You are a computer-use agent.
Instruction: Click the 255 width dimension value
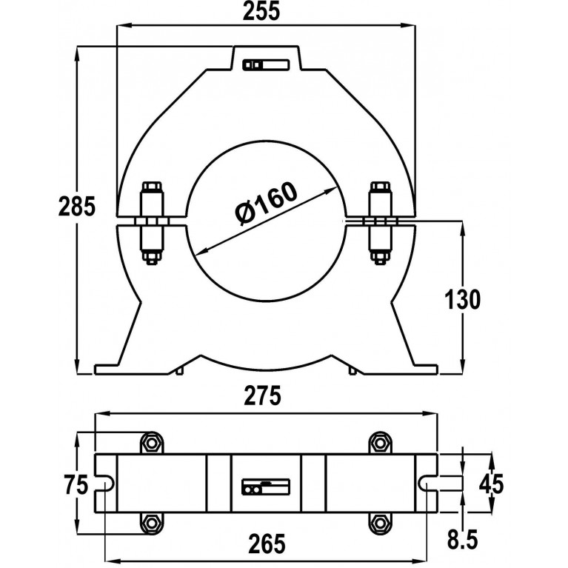(261, 11)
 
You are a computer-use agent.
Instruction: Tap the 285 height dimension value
(77, 207)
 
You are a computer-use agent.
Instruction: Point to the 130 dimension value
(462, 299)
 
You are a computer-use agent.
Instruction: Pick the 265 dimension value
(267, 544)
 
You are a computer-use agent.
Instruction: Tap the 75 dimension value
(76, 484)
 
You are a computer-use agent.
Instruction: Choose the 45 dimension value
(491, 484)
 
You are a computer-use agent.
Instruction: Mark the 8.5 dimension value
(463, 539)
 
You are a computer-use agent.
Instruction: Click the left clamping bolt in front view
(152, 223)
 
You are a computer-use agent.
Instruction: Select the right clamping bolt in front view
(380, 222)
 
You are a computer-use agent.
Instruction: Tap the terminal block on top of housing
(266, 65)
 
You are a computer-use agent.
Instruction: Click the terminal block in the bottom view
(266, 487)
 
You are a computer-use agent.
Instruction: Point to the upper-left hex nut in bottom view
(151, 443)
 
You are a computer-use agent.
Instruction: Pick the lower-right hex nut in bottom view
(380, 522)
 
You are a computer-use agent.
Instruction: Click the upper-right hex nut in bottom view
(380, 443)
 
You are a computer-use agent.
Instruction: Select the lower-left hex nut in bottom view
(151, 522)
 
